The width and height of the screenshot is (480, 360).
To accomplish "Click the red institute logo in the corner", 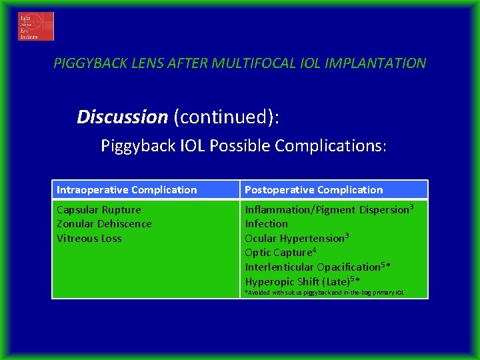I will (x=35, y=26).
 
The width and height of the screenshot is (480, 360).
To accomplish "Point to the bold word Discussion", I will (x=122, y=117).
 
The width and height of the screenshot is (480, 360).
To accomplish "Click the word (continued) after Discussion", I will (x=226, y=117).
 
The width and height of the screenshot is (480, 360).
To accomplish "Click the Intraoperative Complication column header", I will (x=127, y=190).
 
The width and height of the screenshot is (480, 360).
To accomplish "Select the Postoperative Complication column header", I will (x=313, y=190).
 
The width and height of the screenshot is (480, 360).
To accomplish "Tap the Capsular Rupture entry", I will (x=99, y=210).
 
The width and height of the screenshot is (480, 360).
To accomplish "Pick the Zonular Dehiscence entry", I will (x=104, y=224).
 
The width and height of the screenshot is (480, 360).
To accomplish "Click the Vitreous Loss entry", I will (x=89, y=239).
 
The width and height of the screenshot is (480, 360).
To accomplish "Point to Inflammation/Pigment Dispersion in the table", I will (x=326, y=210).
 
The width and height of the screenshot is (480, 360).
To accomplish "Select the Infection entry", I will (x=266, y=224).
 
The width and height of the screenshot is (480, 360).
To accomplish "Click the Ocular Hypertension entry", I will (x=294, y=239).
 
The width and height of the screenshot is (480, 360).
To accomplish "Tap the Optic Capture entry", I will (x=277, y=253).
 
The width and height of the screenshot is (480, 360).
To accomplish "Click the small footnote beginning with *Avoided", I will (x=324, y=293).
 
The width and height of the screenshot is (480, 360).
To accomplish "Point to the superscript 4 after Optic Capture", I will (x=314, y=250).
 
